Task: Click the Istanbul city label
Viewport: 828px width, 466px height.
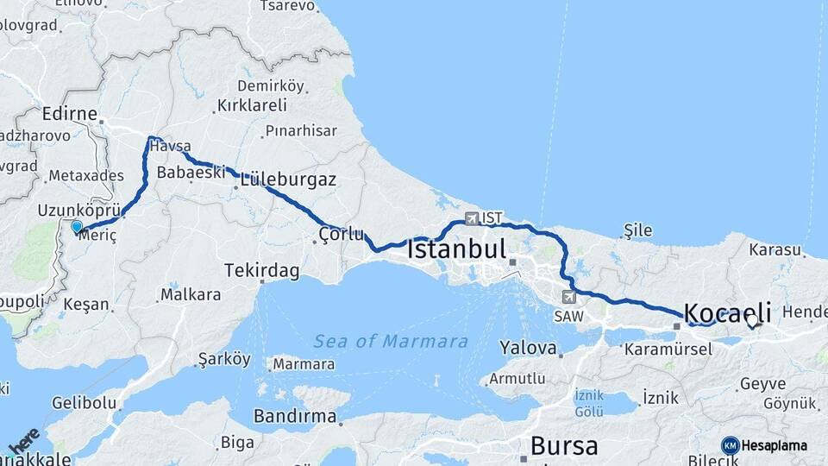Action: [456, 250]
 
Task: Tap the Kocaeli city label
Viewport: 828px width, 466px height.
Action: [727, 312]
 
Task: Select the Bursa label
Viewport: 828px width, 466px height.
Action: [564, 446]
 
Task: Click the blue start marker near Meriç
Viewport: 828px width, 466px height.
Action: [77, 227]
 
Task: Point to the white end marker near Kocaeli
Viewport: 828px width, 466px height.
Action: [752, 321]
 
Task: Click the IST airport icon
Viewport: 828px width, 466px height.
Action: [471, 218]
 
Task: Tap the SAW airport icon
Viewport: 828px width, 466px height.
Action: [568, 297]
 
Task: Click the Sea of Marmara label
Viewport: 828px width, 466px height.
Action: [391, 342]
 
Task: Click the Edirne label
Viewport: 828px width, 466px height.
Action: [69, 114]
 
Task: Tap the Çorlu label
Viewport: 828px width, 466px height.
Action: [342, 234]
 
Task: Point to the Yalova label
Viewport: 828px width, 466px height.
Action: [528, 349]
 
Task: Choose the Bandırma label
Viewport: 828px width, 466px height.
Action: [295, 416]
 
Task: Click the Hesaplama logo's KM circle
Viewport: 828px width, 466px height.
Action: [730, 445]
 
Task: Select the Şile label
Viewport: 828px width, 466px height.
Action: [637, 230]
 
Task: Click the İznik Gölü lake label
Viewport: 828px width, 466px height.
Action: [589, 402]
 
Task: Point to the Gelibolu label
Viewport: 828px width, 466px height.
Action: [84, 403]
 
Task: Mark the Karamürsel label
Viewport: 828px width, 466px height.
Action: [668, 349]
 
